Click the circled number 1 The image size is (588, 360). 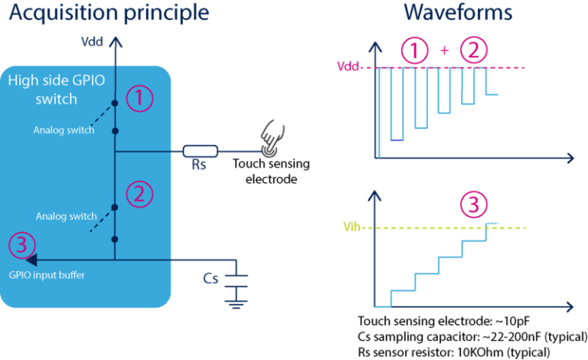(139, 99)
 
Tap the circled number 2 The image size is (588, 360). (139, 194)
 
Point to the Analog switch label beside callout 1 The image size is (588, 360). (64, 130)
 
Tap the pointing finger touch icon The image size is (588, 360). (272, 136)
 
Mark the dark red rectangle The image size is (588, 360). (358, 268)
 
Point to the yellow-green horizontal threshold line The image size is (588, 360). (475, 228)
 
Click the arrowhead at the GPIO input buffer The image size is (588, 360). (31, 260)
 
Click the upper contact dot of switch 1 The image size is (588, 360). (115, 102)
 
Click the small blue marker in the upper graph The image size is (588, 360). (396, 147)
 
